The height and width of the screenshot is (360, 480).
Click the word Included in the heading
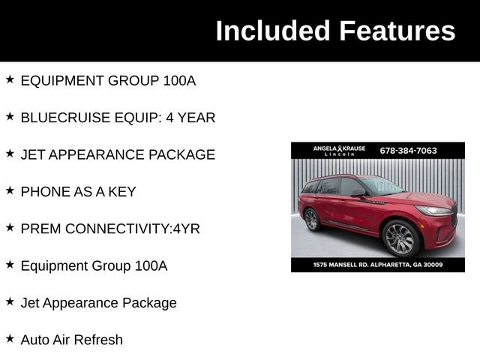pos(272,31)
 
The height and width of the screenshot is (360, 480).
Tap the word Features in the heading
pos(397,31)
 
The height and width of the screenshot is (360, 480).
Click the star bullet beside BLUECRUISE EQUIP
pos(10,116)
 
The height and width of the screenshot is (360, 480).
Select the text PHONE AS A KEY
pos(78,191)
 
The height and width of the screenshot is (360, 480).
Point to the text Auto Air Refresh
pos(71,340)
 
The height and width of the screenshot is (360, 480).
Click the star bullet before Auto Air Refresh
pos(10,338)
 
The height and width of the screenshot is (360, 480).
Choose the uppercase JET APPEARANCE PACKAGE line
pos(118,154)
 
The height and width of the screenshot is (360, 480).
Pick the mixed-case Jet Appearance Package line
pos(98,303)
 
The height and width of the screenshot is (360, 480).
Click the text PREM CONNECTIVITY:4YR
pos(110,229)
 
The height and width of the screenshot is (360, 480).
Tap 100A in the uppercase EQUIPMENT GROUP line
pos(179,80)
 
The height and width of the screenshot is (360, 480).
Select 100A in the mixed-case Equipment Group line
pos(151,265)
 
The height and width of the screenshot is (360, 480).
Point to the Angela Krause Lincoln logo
pos(339,150)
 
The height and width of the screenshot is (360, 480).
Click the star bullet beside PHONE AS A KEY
pos(10,190)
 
